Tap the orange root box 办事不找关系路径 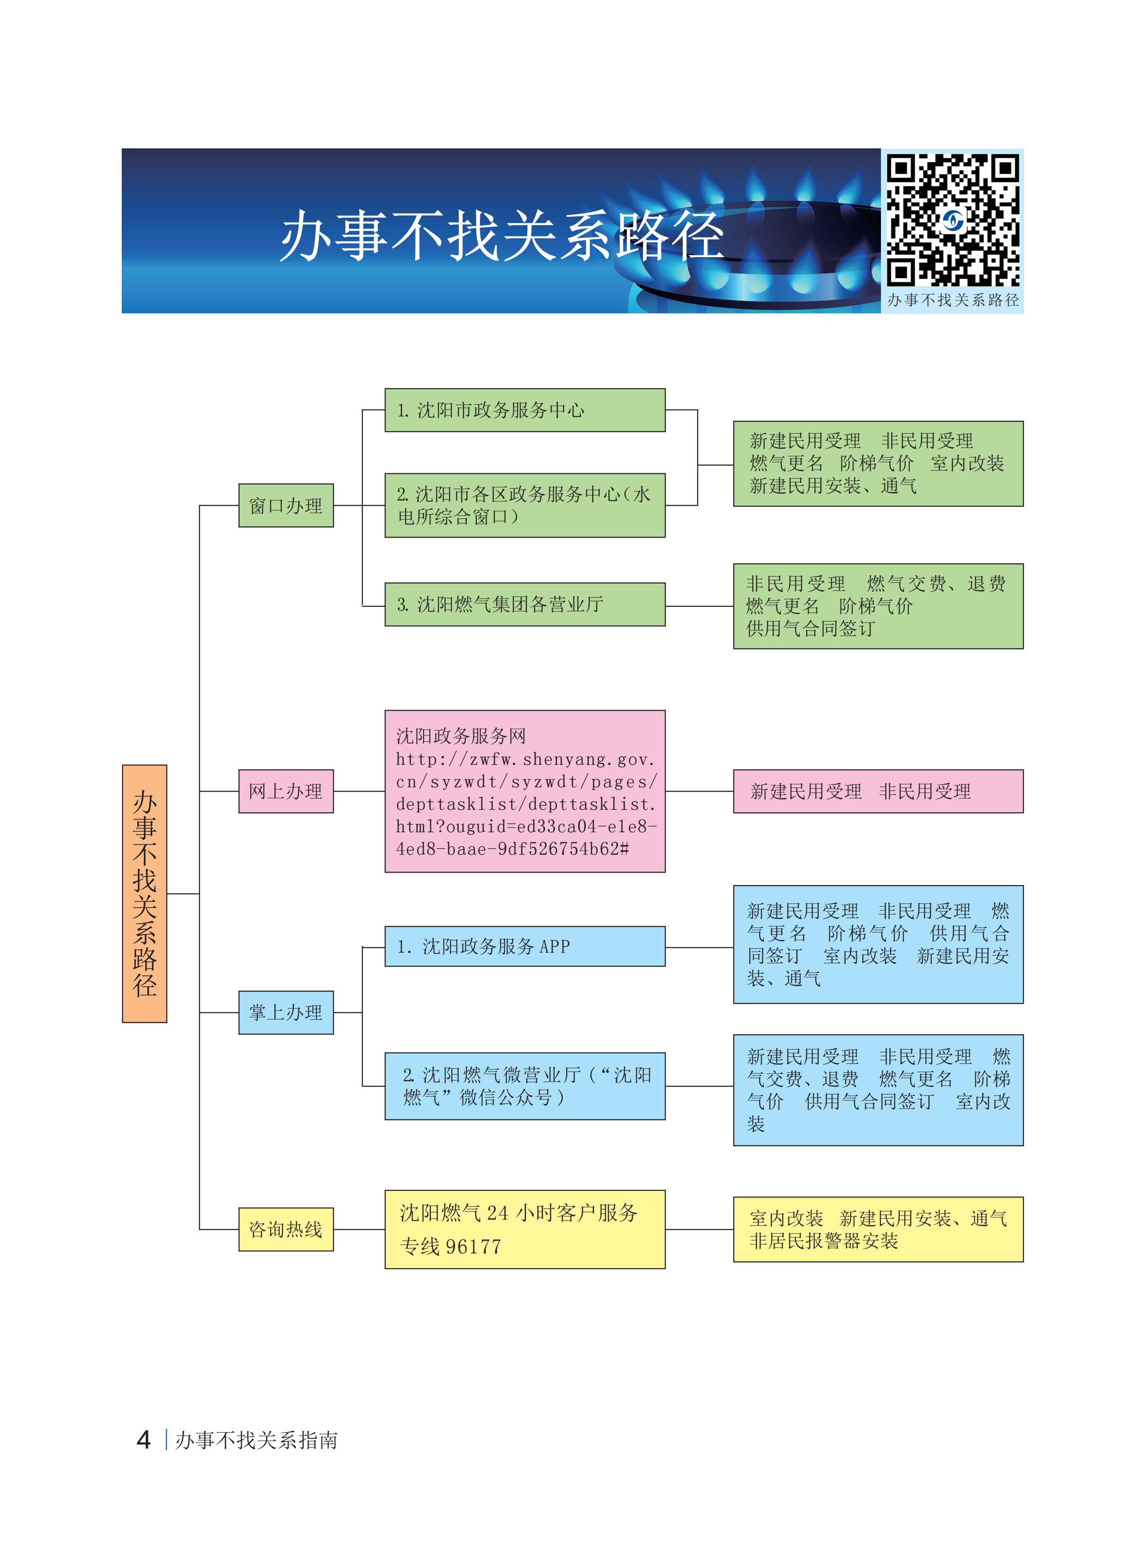click(x=144, y=893)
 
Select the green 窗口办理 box click(x=286, y=505)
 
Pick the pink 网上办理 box click(x=286, y=791)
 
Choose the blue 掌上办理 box click(x=286, y=1013)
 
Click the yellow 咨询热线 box click(x=286, y=1229)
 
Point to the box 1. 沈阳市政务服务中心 click(x=524, y=410)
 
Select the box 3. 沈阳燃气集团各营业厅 click(x=524, y=605)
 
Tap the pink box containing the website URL click(x=524, y=791)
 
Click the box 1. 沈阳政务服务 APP click(x=524, y=946)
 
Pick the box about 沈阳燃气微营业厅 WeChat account click(x=524, y=1086)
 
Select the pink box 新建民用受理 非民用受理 click(x=877, y=791)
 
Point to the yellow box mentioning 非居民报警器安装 click(x=877, y=1229)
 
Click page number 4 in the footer click(x=144, y=1440)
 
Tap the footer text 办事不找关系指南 click(x=256, y=1441)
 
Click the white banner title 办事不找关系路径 click(x=501, y=236)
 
